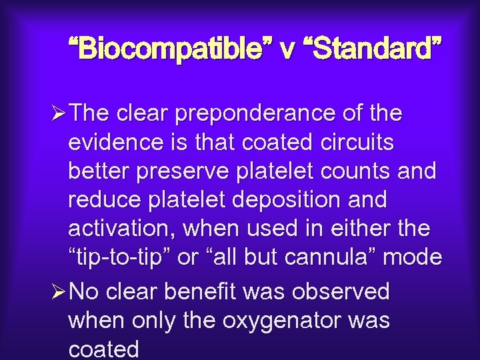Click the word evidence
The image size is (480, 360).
pos(116,143)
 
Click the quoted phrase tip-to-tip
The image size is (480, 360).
pos(118,257)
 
